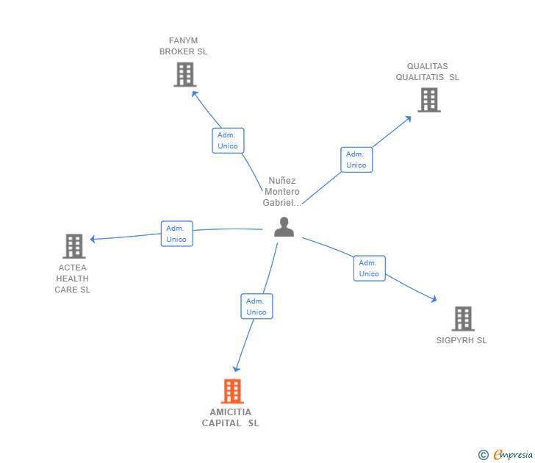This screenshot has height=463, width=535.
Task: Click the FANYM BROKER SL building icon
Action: tap(184, 74)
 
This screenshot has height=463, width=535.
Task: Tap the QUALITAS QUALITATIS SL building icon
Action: tap(429, 100)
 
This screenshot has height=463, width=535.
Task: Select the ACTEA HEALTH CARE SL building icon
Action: tap(73, 245)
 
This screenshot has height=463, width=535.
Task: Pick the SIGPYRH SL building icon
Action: tap(462, 318)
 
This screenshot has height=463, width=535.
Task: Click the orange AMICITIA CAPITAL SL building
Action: tap(232, 391)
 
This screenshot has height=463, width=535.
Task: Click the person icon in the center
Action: tap(284, 227)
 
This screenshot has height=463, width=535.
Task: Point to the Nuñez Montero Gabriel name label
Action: tap(282, 192)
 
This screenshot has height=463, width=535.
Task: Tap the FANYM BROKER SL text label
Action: tap(184, 46)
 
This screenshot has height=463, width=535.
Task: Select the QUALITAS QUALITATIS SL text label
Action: tap(428, 72)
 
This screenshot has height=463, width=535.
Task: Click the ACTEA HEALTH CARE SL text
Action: tap(72, 279)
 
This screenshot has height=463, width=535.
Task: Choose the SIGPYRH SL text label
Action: tap(462, 340)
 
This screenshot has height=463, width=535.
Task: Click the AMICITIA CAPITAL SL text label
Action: tap(231, 417)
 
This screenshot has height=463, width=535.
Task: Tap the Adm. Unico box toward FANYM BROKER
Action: tap(228, 140)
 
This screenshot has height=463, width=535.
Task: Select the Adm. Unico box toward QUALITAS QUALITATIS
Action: tap(356, 159)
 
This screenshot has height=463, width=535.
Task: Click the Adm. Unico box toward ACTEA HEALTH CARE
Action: tap(176, 234)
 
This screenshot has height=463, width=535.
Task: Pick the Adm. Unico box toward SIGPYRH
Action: tap(369, 268)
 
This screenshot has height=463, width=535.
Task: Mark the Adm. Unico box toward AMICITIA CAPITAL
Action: tap(256, 306)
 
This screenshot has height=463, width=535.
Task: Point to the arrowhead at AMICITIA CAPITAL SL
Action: tap(236, 369)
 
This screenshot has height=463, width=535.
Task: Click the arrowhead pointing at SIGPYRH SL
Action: tap(434, 299)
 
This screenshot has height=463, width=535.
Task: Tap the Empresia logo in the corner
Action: tap(506, 455)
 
